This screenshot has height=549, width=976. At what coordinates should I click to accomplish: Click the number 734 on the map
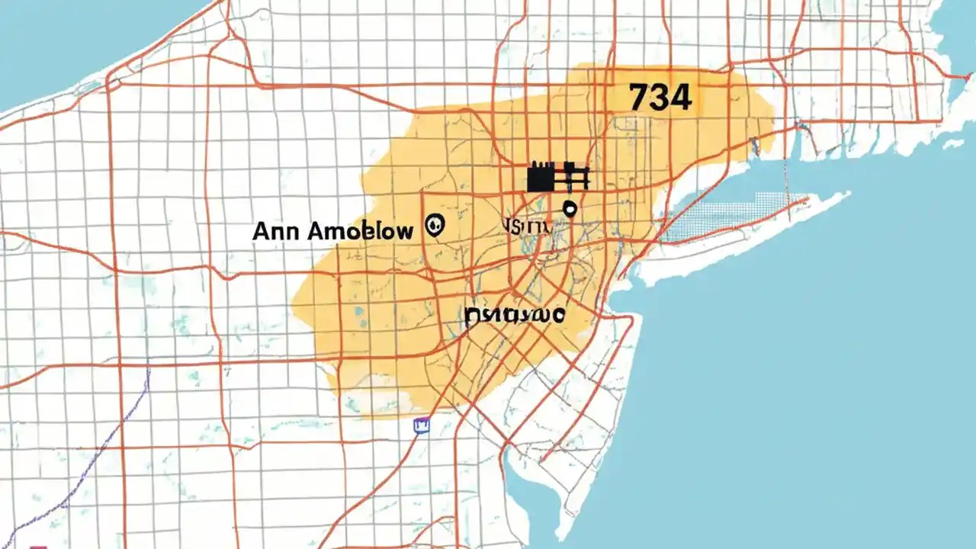point(660,98)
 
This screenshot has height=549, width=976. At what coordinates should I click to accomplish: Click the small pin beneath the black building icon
point(569,207)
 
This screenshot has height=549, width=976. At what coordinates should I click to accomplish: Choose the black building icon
point(558,176)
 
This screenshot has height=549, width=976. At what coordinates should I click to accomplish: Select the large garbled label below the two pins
point(514,314)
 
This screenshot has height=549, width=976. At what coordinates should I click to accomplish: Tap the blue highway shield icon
point(421,425)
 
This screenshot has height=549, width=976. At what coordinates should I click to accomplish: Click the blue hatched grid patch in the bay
point(724,217)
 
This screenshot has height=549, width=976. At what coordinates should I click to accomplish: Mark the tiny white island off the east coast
point(953,143)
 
